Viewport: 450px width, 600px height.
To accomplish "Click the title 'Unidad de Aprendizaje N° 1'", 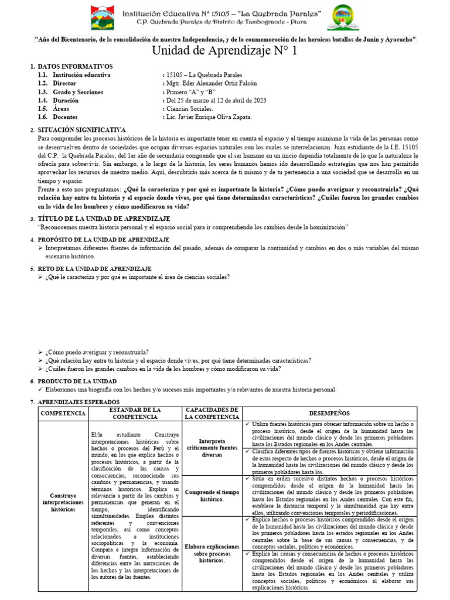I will click(225, 51).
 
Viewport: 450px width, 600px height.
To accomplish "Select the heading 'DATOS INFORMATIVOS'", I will click(75, 67).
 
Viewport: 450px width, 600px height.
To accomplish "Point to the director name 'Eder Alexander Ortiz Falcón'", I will click(211, 84).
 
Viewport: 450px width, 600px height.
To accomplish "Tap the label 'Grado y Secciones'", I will click(78, 92).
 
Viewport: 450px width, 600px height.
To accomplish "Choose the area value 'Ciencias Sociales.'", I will click(189, 109).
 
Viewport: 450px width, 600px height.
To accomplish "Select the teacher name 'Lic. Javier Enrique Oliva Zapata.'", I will click(209, 117).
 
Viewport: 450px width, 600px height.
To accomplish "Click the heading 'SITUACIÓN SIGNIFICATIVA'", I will click(81, 129).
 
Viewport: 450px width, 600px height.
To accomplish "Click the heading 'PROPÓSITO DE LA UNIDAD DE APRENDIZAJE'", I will click(103, 240).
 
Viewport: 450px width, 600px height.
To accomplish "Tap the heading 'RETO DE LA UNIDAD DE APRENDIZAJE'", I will click(94, 268).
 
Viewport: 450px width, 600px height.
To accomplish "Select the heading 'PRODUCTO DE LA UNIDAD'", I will click(81, 381).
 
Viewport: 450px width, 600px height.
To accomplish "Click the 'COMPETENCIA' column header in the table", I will click(63, 414).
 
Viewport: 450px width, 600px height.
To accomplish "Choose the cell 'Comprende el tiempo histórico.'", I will click(212, 496).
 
